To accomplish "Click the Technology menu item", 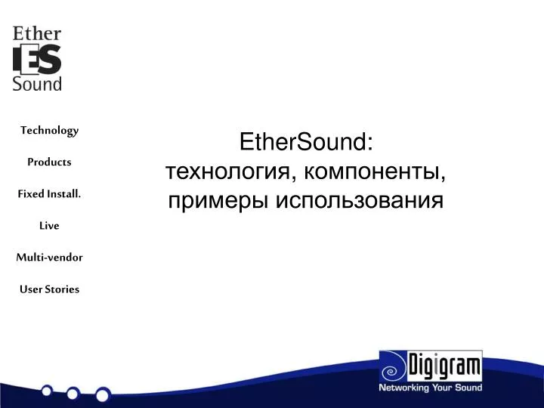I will click(x=49, y=131).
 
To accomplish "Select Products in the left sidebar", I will click(x=49, y=162).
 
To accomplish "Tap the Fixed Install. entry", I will click(x=49, y=194).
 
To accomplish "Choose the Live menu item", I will click(x=49, y=226).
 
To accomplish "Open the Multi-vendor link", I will click(x=49, y=258).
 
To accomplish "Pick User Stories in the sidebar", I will click(x=49, y=289).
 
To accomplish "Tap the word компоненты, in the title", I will click(x=375, y=172).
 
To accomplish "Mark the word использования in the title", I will click(x=360, y=201).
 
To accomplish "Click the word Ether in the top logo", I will click(x=36, y=35).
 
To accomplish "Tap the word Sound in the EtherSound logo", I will click(x=37, y=84).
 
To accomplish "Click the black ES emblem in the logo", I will click(x=37, y=60).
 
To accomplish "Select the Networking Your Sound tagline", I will click(x=430, y=388).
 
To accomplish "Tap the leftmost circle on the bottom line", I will click(x=47, y=391).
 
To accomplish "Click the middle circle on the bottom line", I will click(x=73, y=393).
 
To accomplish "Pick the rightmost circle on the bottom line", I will click(x=103, y=394).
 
